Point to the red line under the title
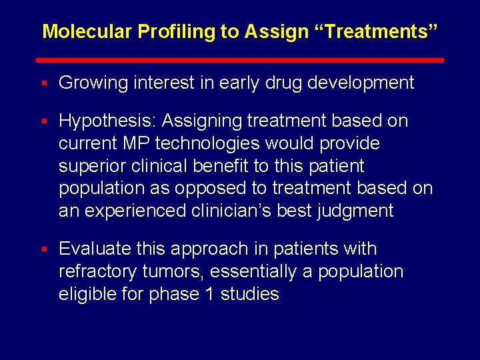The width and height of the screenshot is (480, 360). coord(243,60)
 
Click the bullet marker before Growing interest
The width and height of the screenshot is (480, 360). coord(43,83)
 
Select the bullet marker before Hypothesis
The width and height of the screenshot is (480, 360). coord(43,121)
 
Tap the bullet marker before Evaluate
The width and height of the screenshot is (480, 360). coord(43,249)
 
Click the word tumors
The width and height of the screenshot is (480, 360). coord(171,271)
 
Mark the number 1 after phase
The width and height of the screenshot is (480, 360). coord(208,294)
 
